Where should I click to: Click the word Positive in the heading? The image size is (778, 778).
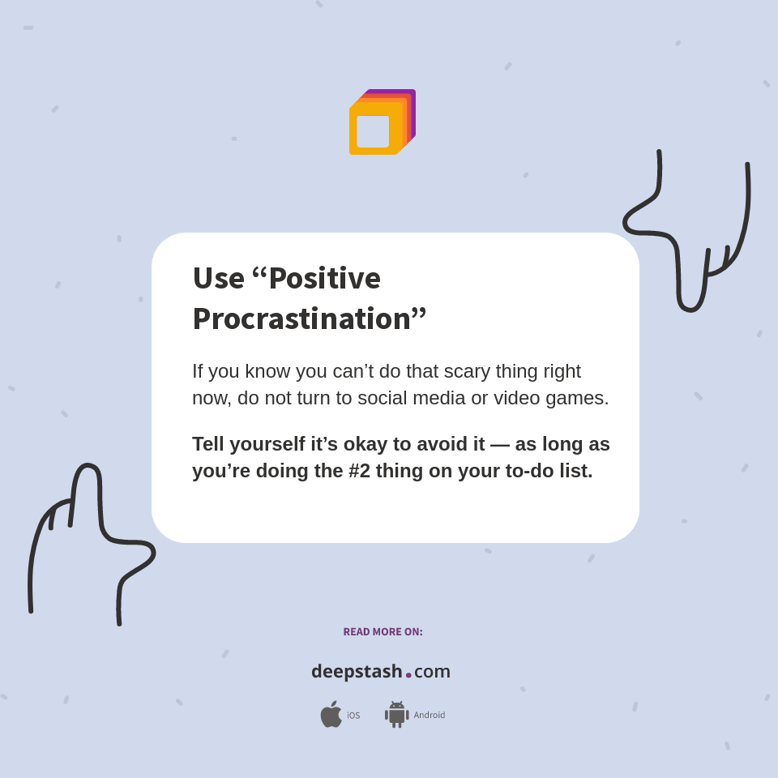click(x=324, y=278)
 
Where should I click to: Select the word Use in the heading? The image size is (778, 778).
click(x=218, y=278)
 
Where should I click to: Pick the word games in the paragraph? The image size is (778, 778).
click(x=580, y=398)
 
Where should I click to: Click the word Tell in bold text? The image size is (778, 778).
click(x=209, y=444)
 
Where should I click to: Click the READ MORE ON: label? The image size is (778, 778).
click(x=383, y=632)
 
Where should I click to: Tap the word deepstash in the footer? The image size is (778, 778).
click(x=357, y=672)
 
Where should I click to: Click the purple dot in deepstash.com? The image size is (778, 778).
click(x=408, y=675)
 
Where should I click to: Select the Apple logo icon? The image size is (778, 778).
click(x=331, y=715)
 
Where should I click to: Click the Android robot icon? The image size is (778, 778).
click(x=396, y=715)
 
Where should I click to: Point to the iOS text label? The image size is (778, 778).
click(x=353, y=716)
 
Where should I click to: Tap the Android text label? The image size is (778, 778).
click(x=429, y=716)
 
